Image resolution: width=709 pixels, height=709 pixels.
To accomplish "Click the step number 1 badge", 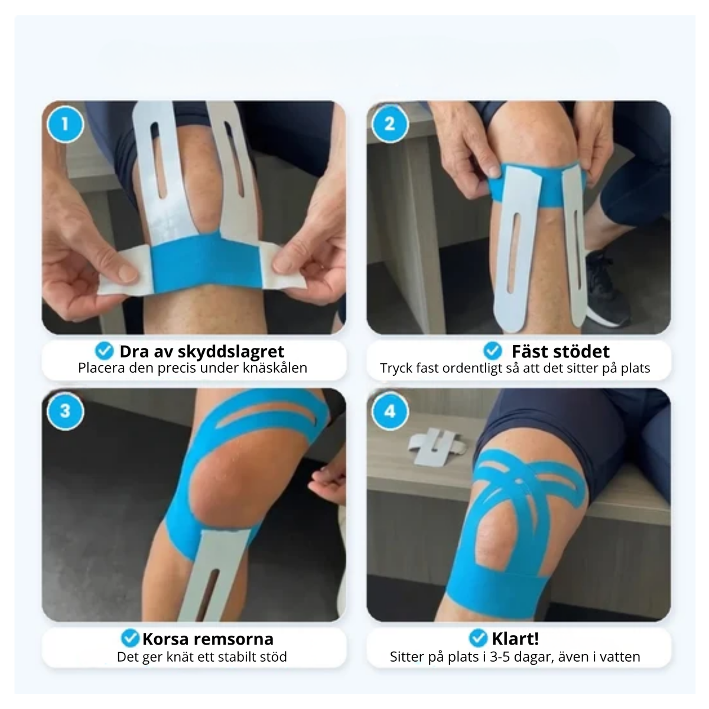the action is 65,124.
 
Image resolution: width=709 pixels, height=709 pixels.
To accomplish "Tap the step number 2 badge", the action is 390,124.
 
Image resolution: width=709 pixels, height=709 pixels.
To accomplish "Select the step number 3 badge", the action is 65,411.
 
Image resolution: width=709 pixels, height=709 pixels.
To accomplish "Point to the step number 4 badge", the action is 390,411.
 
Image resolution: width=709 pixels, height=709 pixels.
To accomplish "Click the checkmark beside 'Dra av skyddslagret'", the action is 105,350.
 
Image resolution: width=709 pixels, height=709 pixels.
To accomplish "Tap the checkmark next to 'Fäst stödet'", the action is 493,350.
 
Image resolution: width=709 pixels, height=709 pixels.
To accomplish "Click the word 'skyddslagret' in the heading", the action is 231,352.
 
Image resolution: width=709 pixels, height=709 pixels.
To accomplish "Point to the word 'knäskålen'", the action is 275,368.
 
